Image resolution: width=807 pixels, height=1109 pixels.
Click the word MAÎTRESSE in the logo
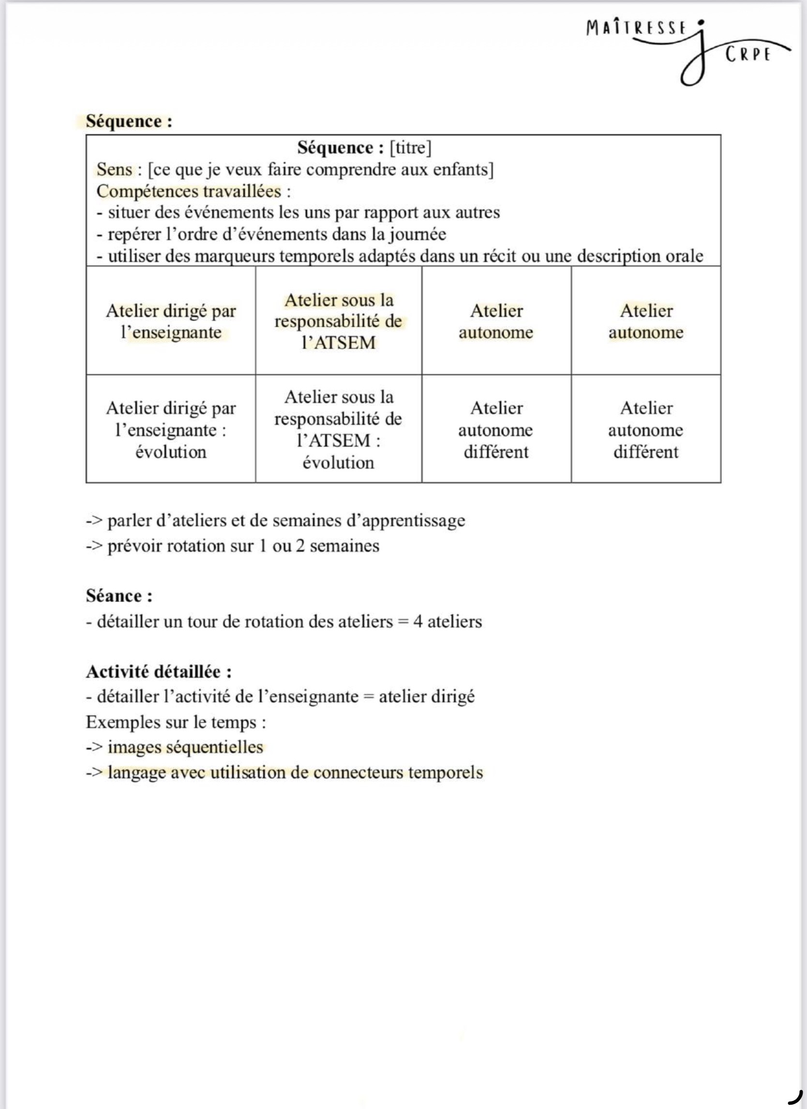(x=636, y=28)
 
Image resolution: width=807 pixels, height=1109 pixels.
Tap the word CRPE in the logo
(x=748, y=54)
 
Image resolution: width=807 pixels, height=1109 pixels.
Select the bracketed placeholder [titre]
(x=410, y=147)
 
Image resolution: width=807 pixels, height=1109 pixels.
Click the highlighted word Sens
(x=115, y=169)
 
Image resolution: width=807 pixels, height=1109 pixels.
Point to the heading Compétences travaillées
(x=189, y=191)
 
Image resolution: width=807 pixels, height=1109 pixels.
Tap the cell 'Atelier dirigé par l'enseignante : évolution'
(x=171, y=429)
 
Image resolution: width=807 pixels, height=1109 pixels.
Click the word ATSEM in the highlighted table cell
(x=344, y=342)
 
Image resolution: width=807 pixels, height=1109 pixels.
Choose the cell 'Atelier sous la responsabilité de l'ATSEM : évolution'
(x=339, y=429)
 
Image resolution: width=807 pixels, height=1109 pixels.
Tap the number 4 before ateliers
(x=418, y=621)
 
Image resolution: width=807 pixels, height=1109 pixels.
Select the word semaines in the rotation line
(x=344, y=546)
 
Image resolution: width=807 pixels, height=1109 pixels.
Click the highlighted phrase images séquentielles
(x=185, y=747)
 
